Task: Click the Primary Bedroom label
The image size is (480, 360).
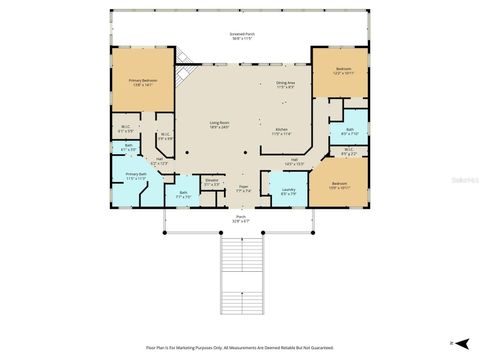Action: pyautogui.click(x=141, y=83)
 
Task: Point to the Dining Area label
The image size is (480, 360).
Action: pyautogui.click(x=286, y=86)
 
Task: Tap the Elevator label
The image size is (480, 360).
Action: pyautogui.click(x=212, y=182)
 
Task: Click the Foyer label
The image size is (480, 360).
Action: pyautogui.click(x=243, y=188)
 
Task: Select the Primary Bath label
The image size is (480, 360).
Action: pyautogui.click(x=136, y=177)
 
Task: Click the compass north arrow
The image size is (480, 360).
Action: pyautogui.click(x=454, y=340)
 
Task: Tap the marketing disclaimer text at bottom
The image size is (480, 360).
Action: pyautogui.click(x=239, y=347)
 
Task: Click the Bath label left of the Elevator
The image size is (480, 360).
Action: pyautogui.click(x=183, y=195)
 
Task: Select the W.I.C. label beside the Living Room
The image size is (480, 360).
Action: pyautogui.click(x=165, y=137)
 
